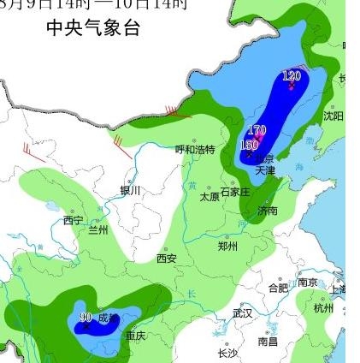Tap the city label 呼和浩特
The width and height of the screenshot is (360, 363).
tap(195, 149)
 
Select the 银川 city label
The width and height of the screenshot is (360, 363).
tap(130, 191)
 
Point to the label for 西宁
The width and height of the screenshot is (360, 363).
tap(73, 221)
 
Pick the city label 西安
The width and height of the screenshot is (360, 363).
tap(166, 258)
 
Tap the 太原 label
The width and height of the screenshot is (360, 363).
tap(210, 196)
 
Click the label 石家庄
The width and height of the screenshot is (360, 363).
tap(235, 192)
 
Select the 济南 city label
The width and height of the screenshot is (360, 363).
tap(267, 210)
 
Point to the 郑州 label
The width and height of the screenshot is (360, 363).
tap(227, 246)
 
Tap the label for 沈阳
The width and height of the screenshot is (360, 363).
tap(333, 116)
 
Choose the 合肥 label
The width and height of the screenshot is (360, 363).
tap(278, 288)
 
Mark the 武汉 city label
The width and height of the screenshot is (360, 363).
tap(242, 313)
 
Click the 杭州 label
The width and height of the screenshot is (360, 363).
tap(323, 308)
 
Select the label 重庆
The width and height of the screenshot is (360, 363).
tap(135, 336)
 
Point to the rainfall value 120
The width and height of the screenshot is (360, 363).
tap(292, 76)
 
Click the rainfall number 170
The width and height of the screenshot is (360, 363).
tap(257, 131)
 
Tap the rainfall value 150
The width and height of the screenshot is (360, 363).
tap(249, 146)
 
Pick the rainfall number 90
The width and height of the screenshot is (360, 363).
tap(85, 318)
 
